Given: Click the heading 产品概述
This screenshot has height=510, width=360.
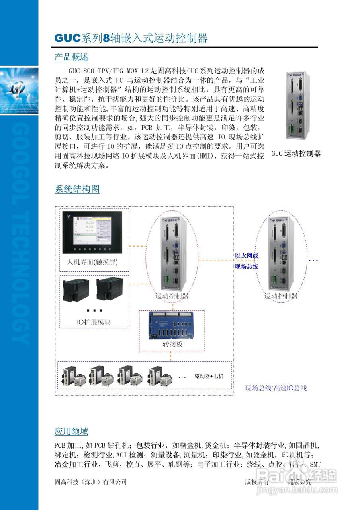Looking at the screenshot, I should (71, 57).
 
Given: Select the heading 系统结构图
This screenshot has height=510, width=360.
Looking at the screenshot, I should (77, 189).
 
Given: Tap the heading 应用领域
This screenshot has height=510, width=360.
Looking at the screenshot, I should (71, 432).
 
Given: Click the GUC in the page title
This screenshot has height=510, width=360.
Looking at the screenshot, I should (68, 39).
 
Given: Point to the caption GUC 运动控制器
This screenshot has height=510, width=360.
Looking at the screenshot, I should (296, 153).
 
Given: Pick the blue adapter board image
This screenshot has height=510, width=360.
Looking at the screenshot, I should (172, 325).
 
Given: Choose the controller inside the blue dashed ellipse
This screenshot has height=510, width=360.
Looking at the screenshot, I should (282, 253).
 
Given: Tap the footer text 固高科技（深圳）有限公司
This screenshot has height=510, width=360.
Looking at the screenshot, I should (90, 482).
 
